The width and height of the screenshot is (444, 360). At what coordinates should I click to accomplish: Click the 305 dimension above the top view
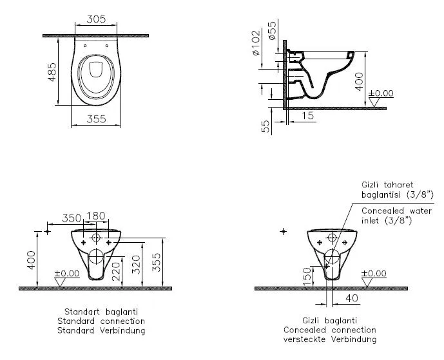pos(97,19)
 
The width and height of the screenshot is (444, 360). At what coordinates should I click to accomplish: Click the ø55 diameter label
pos(272,32)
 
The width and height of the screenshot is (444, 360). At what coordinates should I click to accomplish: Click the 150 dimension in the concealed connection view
pos(308,276)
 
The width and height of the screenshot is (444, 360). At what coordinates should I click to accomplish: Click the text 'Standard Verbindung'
pos(101,330)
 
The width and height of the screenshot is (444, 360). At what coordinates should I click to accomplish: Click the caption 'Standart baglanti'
pos(101,310)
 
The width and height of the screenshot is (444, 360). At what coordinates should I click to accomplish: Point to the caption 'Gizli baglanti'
pos(329,319)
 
